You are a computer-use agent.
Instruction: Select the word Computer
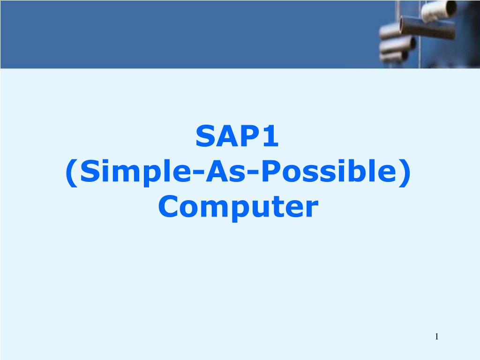(x=238, y=207)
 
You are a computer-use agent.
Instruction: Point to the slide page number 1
(x=436, y=337)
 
